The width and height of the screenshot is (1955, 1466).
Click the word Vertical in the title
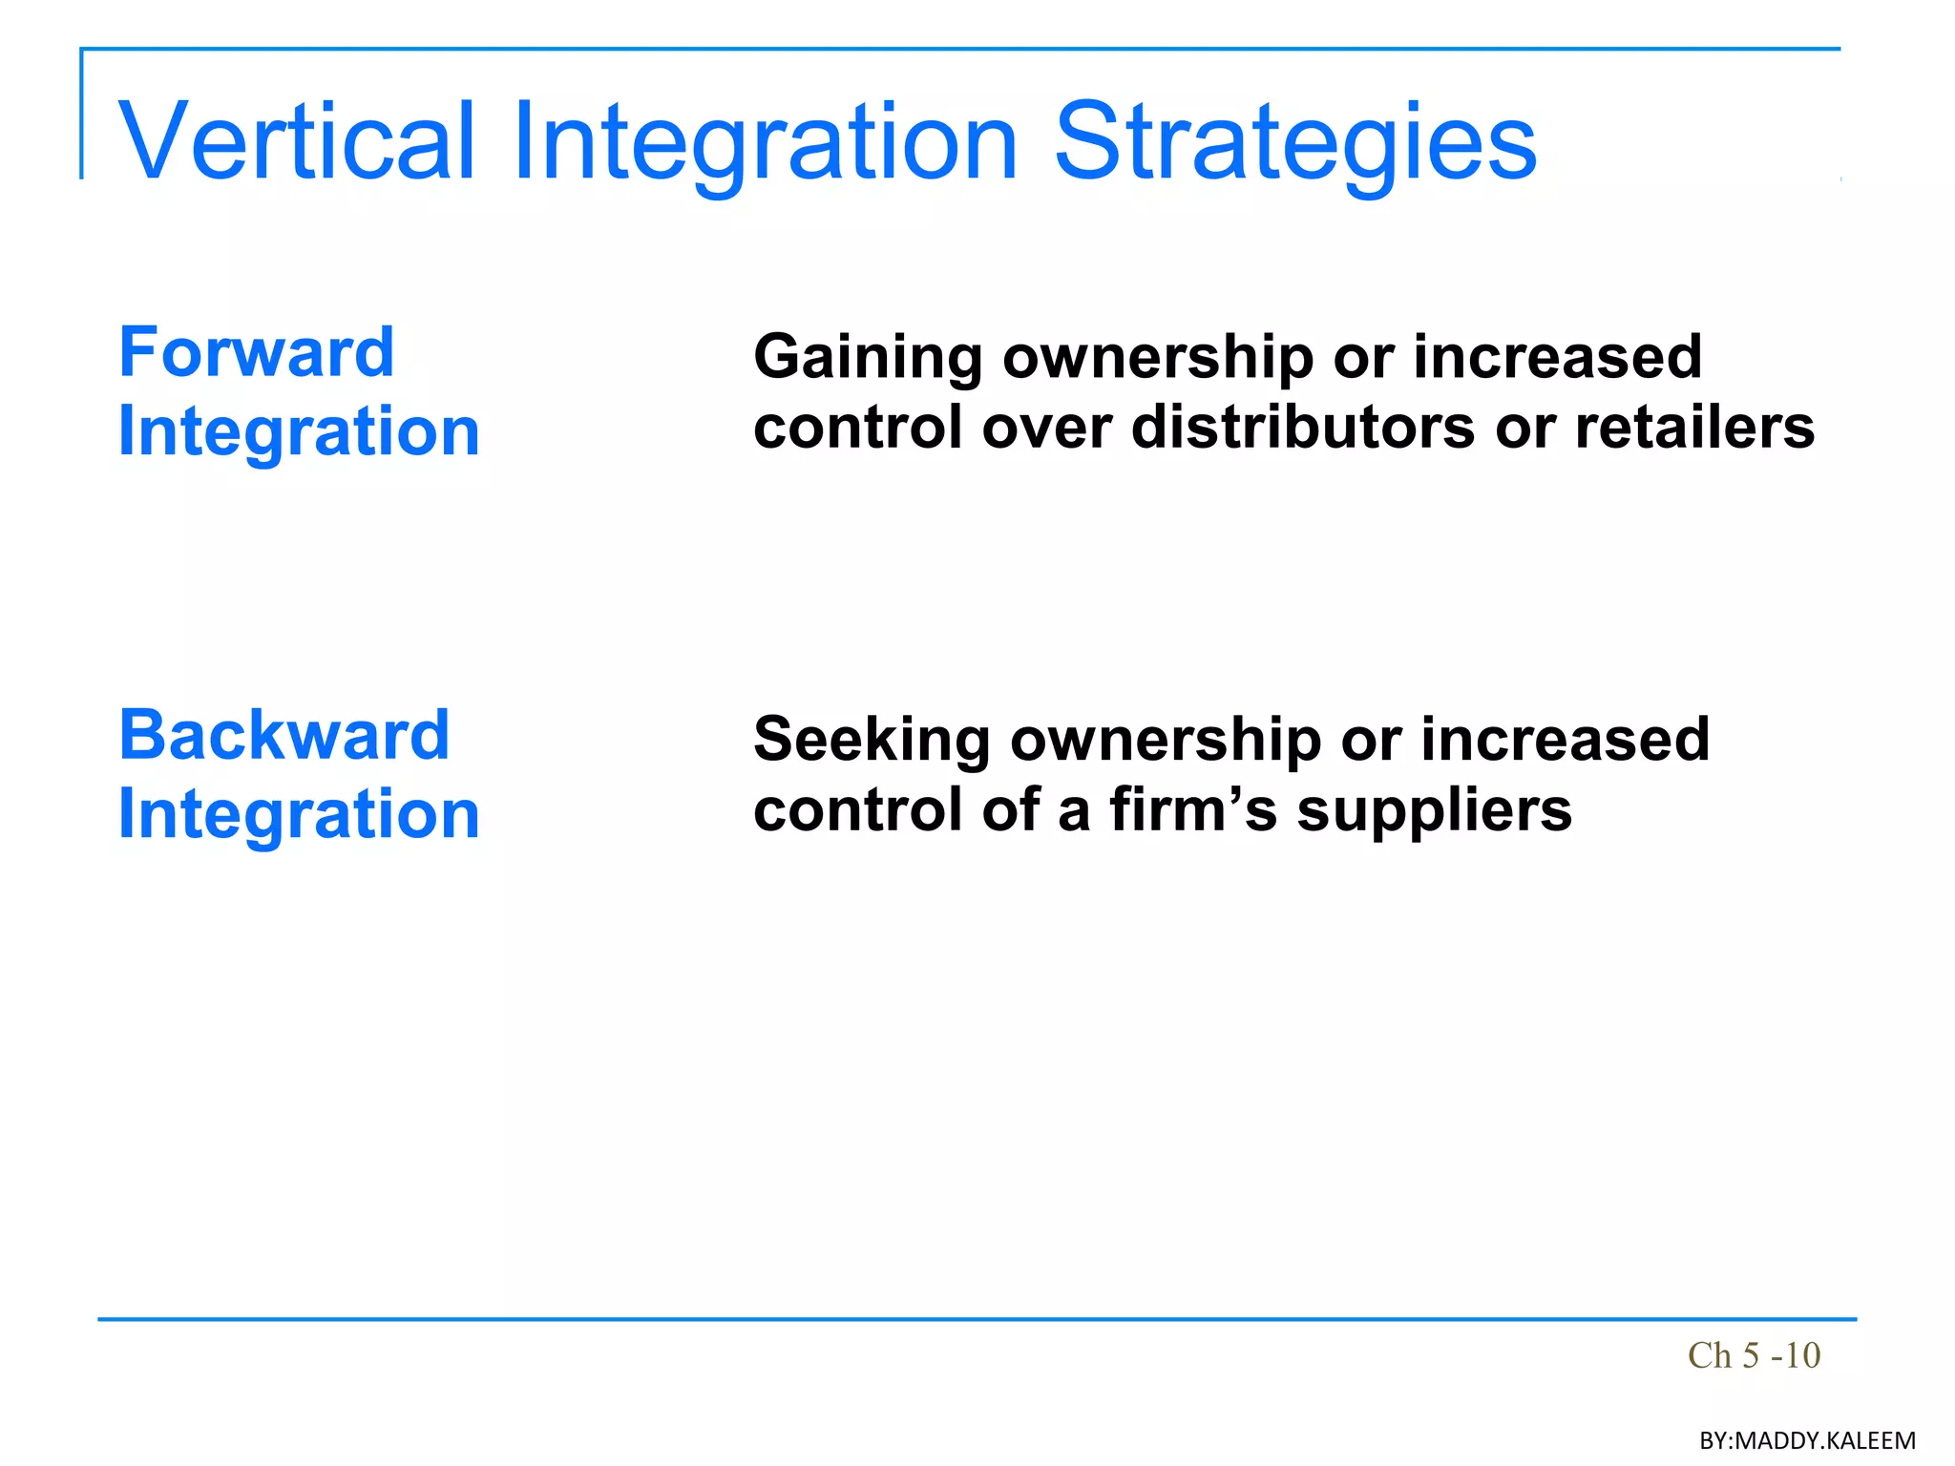pos(296,141)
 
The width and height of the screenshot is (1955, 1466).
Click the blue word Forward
pos(256,352)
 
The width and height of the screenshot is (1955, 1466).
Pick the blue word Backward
pos(284,735)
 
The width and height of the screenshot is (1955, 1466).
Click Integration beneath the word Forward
pos(299,431)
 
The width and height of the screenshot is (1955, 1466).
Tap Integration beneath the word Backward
pos(299,814)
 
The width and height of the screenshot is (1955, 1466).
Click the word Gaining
pos(867,358)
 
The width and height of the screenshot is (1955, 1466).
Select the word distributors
pos(1303,427)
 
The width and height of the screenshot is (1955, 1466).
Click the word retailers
pos(1693,427)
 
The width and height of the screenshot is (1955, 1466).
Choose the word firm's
pos(1192,809)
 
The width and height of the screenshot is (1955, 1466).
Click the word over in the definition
pos(1047,427)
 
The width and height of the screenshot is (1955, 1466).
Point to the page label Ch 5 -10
pos(1754,1355)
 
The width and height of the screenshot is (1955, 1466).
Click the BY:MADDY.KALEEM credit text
pos(1806,1440)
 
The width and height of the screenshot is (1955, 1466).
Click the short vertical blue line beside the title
pos(82,115)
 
